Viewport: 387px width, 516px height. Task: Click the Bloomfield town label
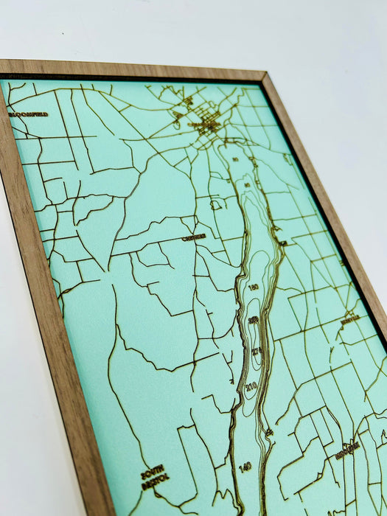[29, 114]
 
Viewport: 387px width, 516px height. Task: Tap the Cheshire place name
[195, 237]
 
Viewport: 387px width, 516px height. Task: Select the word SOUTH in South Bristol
[153, 469]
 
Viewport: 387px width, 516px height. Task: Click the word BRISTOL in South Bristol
[156, 478]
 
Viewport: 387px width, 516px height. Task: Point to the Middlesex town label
[347, 450]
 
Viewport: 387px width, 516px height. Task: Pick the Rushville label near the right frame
[352, 319]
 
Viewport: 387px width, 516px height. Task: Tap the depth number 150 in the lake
[254, 287]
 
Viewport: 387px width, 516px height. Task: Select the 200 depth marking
[254, 319]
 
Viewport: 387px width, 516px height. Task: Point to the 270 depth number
[257, 351]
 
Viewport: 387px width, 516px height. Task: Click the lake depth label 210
[251, 386]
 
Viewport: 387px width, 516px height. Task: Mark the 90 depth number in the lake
[247, 185]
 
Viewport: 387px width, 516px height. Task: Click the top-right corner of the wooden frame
[263, 74]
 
